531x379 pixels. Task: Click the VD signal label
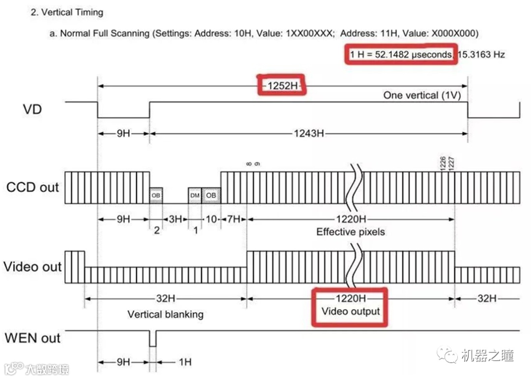(32, 109)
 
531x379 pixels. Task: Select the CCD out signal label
(32, 187)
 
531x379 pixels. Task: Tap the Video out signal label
(32, 267)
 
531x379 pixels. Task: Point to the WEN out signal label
(32, 338)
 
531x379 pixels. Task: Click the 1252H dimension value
(282, 86)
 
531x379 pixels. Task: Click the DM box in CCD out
(195, 195)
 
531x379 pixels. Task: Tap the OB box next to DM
(211, 195)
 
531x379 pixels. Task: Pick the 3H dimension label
(175, 219)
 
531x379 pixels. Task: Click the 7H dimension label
(233, 219)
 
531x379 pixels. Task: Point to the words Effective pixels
(350, 232)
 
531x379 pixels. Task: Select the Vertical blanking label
(165, 314)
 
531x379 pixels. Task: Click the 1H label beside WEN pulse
(184, 362)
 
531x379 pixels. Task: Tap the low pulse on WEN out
(152, 340)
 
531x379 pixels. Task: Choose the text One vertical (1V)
(422, 95)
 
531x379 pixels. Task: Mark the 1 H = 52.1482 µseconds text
(400, 55)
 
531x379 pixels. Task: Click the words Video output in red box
(351, 312)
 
